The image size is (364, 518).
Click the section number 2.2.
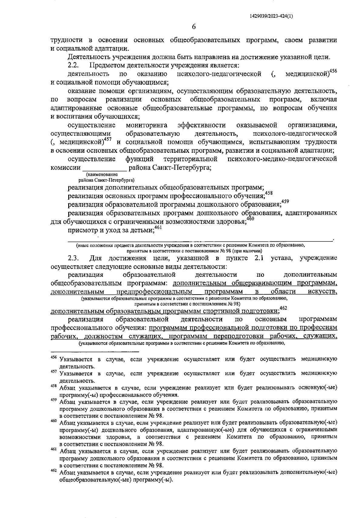click(x=73, y=65)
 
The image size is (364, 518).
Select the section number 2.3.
click(x=73, y=258)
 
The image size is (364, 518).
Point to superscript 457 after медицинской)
click(x=108, y=139)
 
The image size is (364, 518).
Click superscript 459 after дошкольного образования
click(x=285, y=201)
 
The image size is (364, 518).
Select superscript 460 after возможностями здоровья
click(x=250, y=219)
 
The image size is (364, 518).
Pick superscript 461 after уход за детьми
click(x=158, y=227)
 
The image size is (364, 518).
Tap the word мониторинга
click(x=147, y=125)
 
